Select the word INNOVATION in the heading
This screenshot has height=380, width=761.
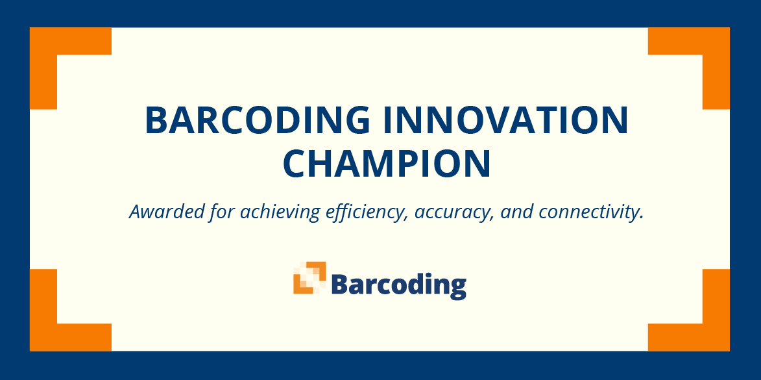click(x=505, y=120)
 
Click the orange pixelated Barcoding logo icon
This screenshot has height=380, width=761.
click(x=309, y=277)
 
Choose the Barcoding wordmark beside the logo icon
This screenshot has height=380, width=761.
click(x=398, y=285)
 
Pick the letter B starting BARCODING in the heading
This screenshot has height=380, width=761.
click(x=156, y=120)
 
